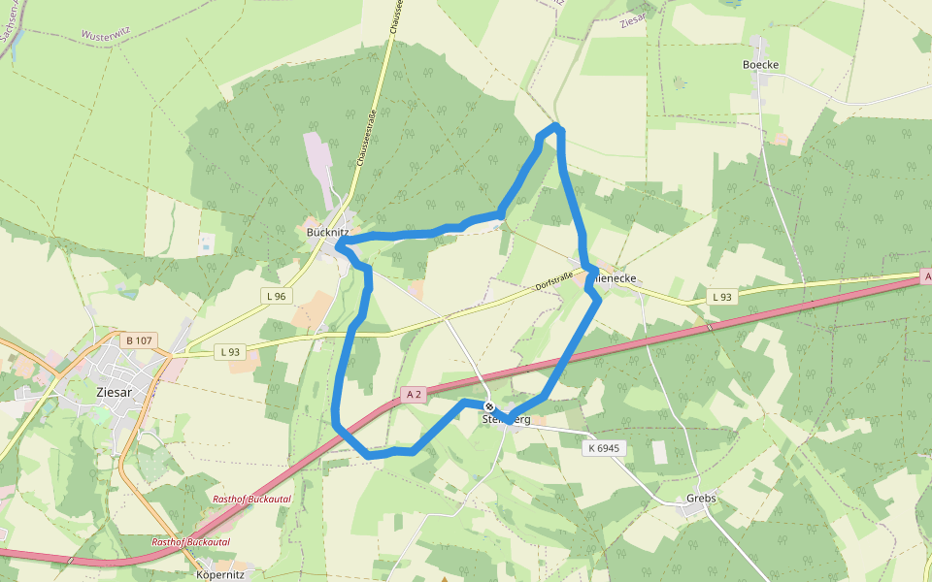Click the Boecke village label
760,65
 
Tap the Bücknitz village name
327,233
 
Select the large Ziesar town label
115,392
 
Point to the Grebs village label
701,499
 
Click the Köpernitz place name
220,574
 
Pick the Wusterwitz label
106,35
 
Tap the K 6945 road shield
604,448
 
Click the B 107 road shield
140,340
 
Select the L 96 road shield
277,296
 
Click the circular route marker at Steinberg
490,407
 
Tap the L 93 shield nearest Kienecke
720,296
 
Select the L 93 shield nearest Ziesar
229,352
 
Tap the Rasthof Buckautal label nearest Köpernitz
190,541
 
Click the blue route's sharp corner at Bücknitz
339,245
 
